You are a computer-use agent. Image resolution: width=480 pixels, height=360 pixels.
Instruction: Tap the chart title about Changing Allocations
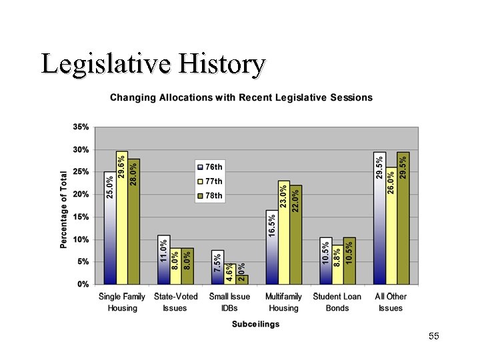pos(241,97)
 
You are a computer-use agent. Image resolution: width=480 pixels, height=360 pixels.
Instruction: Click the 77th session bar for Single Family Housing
pos(122,220)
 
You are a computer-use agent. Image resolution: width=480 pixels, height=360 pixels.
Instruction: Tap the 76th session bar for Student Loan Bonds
pos(325,261)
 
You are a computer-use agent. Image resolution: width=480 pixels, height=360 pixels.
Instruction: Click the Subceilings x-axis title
pos(256,324)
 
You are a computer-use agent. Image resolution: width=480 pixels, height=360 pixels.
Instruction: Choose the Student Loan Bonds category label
pos(337,302)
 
